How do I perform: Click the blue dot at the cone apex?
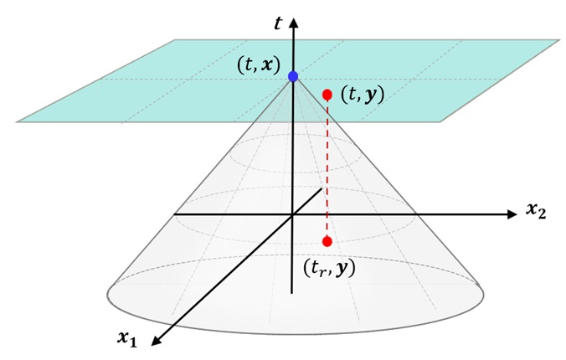[x=293, y=76]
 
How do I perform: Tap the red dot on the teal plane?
[x=327, y=94]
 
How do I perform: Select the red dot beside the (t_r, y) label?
[x=327, y=241]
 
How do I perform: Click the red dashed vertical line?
[x=327, y=167]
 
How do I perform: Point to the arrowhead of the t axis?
[x=293, y=16]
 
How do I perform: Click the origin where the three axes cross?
[x=292, y=215]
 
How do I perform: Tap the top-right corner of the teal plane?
[x=558, y=39]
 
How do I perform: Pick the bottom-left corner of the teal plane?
[x=16, y=122]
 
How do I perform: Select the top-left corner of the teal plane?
[x=174, y=39]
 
